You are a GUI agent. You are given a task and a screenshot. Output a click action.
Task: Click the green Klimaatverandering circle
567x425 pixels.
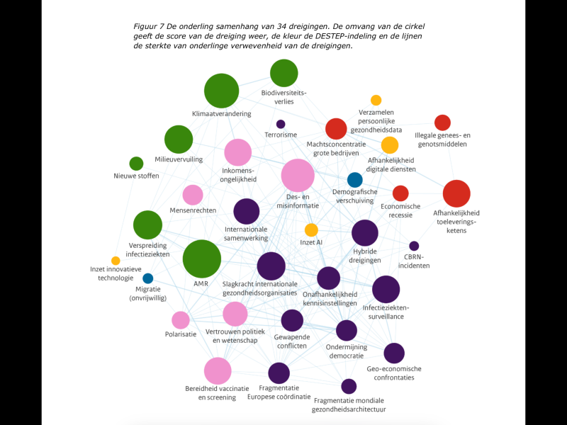point(221,91)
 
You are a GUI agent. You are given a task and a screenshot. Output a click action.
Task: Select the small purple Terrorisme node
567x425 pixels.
point(281,125)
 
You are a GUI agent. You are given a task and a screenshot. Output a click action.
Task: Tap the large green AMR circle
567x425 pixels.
point(202,259)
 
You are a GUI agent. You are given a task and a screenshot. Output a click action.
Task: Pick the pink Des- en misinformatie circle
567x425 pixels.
point(298,175)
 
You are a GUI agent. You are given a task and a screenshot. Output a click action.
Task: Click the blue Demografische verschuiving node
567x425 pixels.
point(355,180)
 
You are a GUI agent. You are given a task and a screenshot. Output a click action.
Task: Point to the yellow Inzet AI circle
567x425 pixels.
point(311,229)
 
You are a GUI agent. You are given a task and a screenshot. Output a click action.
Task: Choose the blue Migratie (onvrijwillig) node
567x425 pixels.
point(148,278)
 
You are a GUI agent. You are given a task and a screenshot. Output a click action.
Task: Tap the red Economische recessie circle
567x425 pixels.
point(400,193)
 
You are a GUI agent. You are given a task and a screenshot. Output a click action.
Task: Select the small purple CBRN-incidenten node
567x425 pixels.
point(414,246)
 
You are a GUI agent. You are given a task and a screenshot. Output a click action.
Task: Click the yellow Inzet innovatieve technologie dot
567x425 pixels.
point(116,261)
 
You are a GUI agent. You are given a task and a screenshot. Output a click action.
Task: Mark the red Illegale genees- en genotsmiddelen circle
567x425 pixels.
point(442,123)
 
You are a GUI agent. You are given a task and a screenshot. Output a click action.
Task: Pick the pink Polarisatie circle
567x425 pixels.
point(181,320)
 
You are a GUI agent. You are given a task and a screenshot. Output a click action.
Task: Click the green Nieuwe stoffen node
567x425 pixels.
point(136,164)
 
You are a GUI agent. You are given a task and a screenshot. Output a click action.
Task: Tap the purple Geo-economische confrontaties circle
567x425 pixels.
point(394,353)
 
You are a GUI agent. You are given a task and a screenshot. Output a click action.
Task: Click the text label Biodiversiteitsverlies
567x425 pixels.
point(284,97)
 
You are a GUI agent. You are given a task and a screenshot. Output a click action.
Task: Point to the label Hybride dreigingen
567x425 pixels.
point(365,256)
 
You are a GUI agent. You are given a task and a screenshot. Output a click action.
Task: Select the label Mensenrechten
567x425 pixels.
point(193,210)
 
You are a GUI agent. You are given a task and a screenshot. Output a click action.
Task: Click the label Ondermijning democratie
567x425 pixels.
point(347,351)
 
